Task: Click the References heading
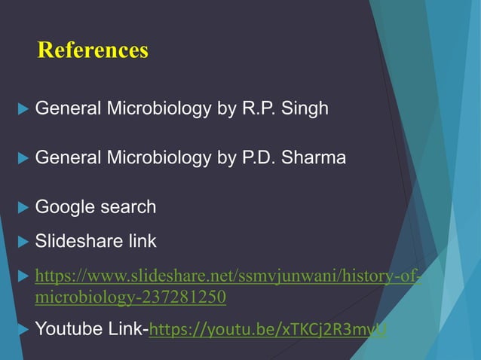pyautogui.click(x=93, y=50)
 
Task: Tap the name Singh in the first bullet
pyautogui.click(x=305, y=108)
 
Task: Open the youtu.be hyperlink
pyautogui.click(x=268, y=330)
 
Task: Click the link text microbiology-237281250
pyautogui.click(x=130, y=297)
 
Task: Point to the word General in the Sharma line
pyautogui.click(x=68, y=158)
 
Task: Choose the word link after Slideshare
pyautogui.click(x=142, y=242)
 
